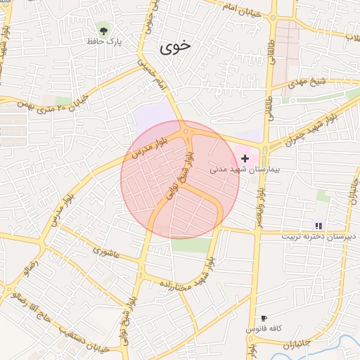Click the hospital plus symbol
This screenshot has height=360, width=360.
pos(245,158)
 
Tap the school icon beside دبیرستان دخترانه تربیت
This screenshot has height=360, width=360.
pos(319,226)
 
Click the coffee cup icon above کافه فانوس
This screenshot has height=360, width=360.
pos(264,318)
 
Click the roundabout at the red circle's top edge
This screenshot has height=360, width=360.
pos(186,131)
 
